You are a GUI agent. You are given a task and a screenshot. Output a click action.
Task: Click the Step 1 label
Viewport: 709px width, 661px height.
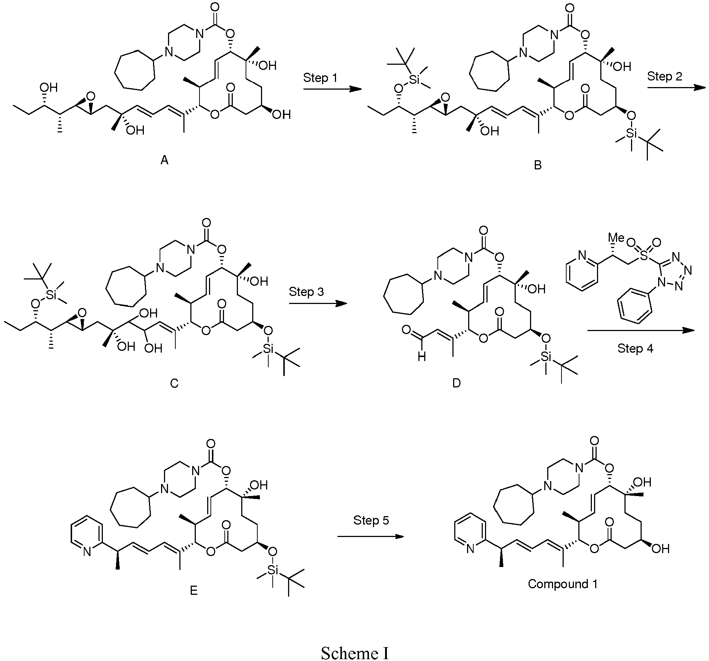tap(320, 78)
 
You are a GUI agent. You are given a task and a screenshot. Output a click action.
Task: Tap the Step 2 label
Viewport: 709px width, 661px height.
tap(664, 76)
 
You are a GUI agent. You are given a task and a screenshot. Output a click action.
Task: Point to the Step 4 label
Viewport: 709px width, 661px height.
tap(635, 348)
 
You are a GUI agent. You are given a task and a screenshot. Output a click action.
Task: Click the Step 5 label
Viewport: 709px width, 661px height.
tap(371, 520)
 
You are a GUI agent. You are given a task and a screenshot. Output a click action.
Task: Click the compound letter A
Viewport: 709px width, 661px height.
tap(164, 160)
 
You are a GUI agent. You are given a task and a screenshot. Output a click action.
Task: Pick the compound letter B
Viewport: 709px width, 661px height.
tap(538, 165)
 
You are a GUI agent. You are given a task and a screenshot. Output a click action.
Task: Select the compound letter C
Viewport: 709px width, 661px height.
tap(174, 383)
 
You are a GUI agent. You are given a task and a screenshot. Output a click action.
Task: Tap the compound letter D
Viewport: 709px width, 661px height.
tap(456, 383)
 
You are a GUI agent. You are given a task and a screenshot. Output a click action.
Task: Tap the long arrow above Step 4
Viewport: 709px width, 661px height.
tap(641, 330)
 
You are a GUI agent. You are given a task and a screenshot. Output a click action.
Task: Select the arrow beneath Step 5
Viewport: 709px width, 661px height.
tap(370, 536)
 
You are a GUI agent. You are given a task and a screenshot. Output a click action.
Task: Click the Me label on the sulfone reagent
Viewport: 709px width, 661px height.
tap(616, 238)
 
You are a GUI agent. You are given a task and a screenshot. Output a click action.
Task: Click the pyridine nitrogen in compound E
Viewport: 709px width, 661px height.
tap(87, 551)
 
